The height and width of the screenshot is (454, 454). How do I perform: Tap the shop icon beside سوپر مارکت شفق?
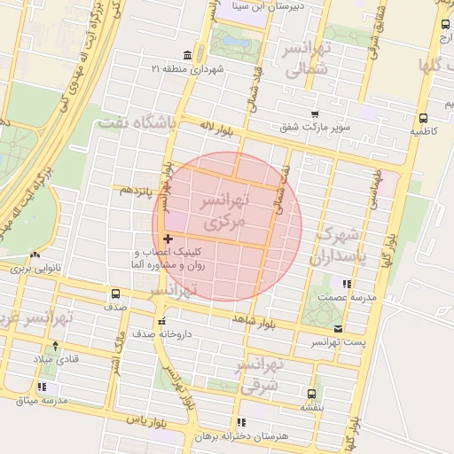point(315,114)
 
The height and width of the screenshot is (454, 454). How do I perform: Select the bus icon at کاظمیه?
point(423,117)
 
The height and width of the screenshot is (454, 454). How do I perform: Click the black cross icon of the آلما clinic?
point(168,239)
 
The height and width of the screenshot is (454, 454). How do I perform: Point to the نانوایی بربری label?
point(33,266)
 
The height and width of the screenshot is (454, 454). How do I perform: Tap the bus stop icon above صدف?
point(115,294)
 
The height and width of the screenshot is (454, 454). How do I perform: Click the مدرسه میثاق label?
point(39,401)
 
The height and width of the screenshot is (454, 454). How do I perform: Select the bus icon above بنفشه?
point(310,393)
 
